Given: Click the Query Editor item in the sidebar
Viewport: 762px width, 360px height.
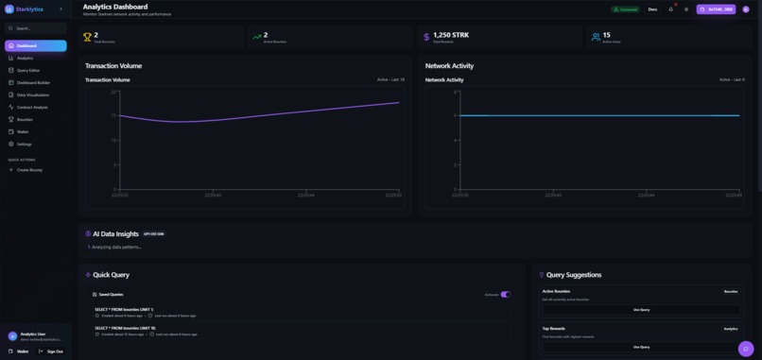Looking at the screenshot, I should (28, 70).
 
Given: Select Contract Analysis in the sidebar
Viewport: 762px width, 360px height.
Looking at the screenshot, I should (32, 107).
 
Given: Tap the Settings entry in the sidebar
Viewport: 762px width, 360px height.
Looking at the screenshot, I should (24, 144).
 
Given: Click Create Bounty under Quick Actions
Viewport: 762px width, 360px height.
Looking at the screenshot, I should (29, 170).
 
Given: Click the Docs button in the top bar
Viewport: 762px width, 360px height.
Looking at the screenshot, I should (652, 9).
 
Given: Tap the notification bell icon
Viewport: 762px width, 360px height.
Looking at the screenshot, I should (671, 9).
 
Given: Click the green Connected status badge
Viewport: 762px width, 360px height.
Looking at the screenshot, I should (624, 9).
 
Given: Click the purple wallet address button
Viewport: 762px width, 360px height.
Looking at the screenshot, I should (716, 9).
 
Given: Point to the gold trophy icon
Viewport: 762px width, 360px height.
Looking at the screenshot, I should (87, 38).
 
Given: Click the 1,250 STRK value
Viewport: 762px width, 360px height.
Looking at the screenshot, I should (451, 35).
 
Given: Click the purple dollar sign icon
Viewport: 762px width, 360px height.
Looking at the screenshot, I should (425, 38).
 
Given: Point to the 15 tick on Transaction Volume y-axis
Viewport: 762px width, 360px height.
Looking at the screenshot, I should (114, 116).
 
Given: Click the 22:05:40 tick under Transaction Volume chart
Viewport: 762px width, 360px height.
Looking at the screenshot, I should (213, 195).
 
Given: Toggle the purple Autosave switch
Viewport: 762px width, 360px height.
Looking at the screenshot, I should (505, 295).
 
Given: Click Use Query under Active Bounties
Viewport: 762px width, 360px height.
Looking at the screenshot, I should (641, 310).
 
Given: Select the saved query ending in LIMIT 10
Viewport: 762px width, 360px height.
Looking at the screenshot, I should (125, 328).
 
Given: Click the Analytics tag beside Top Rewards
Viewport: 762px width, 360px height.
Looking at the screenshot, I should (731, 329).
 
